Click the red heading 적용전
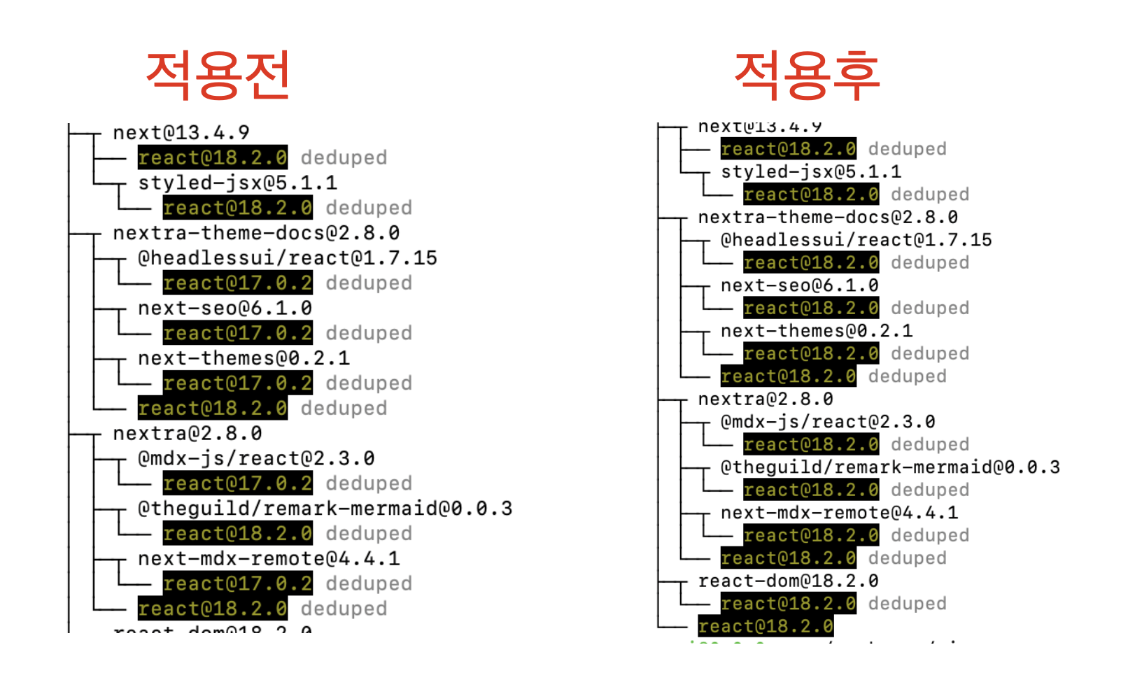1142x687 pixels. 218,75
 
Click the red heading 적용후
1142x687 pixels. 807,75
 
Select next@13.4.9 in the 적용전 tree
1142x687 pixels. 181,132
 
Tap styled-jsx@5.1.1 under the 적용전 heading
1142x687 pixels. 237,183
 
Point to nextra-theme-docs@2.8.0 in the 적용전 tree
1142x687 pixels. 256,233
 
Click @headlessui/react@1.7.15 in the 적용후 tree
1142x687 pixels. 856,240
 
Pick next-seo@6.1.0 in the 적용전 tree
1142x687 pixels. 225,308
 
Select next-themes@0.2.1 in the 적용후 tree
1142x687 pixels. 817,331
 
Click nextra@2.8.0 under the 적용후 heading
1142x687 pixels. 766,399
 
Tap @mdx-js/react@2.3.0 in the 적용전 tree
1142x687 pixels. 256,458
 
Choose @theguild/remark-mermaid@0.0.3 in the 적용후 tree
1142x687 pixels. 890,467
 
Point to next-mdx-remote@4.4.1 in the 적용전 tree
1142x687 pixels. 269,558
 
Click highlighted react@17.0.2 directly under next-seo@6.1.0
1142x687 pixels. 237,333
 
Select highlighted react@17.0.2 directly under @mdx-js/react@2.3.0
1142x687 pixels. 237,483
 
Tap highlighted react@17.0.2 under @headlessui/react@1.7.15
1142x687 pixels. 237,283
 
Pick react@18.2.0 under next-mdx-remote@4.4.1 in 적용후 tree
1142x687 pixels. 811,535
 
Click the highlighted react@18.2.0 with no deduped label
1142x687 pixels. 766,626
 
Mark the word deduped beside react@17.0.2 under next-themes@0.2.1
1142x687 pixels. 369,383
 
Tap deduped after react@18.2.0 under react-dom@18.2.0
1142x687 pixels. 907,603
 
